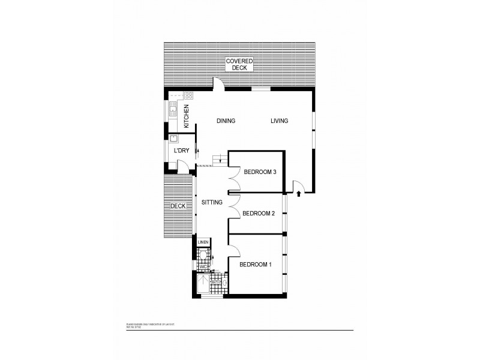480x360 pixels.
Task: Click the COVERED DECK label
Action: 239,64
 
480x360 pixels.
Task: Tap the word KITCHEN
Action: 187,116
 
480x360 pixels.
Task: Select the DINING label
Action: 226,121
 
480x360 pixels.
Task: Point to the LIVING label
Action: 279,121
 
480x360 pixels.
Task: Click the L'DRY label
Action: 181,151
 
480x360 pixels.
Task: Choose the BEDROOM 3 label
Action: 259,172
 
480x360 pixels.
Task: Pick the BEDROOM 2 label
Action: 258,213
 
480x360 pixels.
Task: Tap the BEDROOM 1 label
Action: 256,265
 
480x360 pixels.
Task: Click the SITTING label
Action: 212,203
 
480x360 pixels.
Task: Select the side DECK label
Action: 178,206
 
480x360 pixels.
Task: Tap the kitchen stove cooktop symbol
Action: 188,95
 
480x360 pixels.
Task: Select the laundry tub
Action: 173,139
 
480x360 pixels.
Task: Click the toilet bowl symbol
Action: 203,256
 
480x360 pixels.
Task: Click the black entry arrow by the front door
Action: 298,194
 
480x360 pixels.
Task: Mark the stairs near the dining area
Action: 219,159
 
